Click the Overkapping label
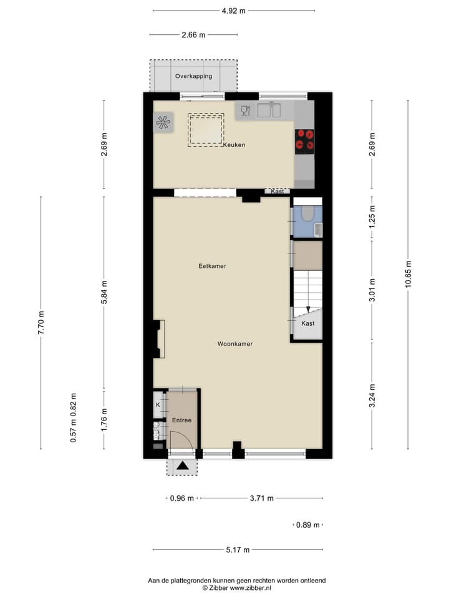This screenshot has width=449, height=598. pyautogui.click(x=193, y=77)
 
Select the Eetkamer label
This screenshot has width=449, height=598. pyautogui.click(x=212, y=266)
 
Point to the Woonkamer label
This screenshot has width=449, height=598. pyautogui.click(x=235, y=344)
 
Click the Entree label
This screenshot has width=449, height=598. pyautogui.click(x=181, y=420)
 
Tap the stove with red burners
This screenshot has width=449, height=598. pyautogui.click(x=304, y=141)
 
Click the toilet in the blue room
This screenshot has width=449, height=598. pyautogui.click(x=307, y=214)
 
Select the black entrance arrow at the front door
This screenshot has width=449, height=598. pyautogui.click(x=182, y=465)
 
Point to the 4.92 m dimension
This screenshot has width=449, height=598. pyautogui.click(x=234, y=11)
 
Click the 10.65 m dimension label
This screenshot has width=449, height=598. pyautogui.click(x=408, y=274)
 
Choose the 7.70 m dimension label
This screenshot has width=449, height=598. pyautogui.click(x=41, y=323)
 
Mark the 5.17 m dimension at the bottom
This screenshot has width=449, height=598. pyautogui.click(x=238, y=550)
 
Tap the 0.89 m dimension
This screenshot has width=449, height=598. pyautogui.click(x=307, y=525)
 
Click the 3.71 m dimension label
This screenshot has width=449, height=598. pyautogui.click(x=261, y=498)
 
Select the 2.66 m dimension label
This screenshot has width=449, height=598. pyautogui.click(x=193, y=35)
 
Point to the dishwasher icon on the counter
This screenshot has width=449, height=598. pyautogui.click(x=245, y=111)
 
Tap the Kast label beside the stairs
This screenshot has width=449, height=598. pyautogui.click(x=307, y=324)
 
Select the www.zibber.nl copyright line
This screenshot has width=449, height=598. pyautogui.click(x=236, y=587)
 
